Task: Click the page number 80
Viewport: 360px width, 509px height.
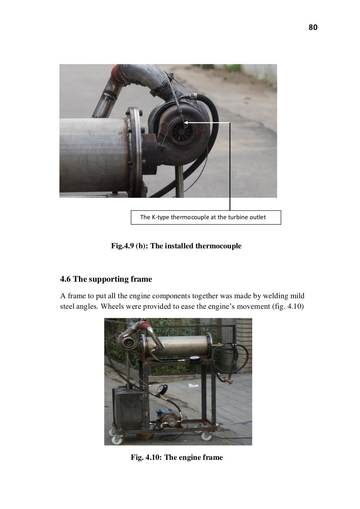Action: pos(313,27)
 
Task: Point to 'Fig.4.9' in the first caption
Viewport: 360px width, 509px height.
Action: pos(122,246)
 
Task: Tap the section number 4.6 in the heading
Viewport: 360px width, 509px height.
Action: pos(66,279)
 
